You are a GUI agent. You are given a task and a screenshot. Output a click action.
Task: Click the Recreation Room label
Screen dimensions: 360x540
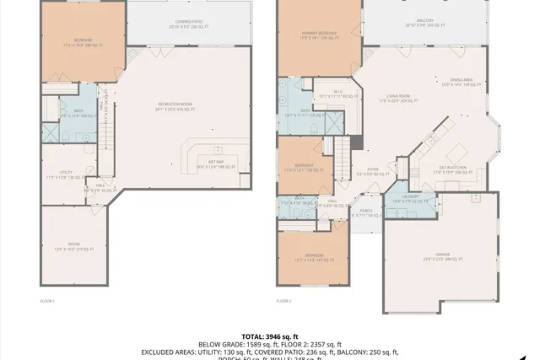point(174,105)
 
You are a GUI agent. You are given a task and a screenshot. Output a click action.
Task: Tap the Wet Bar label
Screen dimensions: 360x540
point(216,164)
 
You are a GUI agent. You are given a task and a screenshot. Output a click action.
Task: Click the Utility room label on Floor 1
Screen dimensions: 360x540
point(62,175)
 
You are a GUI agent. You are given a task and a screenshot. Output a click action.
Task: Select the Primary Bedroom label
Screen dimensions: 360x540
point(319,35)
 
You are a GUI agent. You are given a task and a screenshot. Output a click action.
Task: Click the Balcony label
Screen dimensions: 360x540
point(424,23)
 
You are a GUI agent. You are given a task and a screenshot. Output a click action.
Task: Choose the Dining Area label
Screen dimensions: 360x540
point(456,81)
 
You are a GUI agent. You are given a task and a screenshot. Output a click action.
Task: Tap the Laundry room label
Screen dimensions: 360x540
point(402,199)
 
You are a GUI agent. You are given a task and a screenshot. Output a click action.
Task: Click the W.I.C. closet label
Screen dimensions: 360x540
point(337,94)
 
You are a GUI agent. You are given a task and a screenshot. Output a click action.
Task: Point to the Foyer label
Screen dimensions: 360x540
point(373,171)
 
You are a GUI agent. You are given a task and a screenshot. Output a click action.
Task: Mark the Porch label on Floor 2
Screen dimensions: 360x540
point(365,212)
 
